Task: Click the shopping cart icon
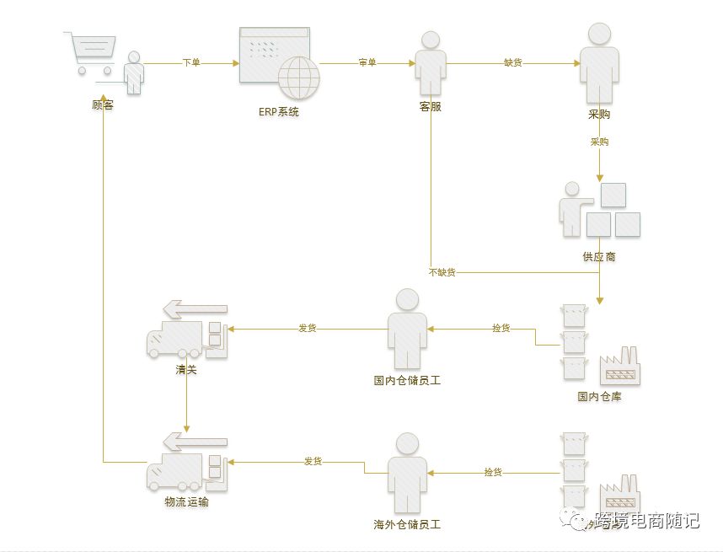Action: [x=89, y=52]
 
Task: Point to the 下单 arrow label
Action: [x=191, y=63]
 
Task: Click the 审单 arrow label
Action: [x=367, y=63]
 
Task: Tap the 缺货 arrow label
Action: [x=513, y=63]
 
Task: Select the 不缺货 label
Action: [x=442, y=272]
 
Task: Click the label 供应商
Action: [x=598, y=256]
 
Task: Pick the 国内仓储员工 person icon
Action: [x=407, y=329]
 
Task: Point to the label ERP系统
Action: [x=278, y=112]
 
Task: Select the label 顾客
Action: [x=103, y=106]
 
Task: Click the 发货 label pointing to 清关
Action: [x=307, y=328]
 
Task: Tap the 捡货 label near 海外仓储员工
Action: [x=493, y=473]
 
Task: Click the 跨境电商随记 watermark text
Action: [x=646, y=521]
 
